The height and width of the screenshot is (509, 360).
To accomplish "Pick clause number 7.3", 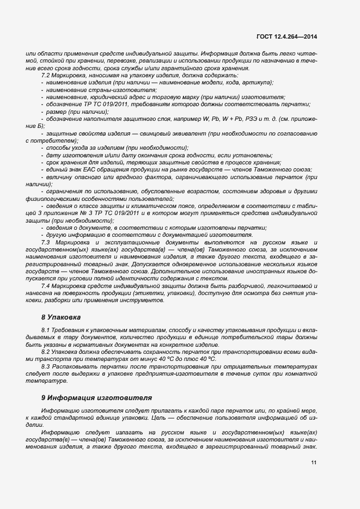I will click(46, 241).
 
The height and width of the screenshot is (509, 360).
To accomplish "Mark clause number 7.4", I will click(46, 285).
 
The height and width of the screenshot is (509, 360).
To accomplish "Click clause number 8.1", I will click(46, 330).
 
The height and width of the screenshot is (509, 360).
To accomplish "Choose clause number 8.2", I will click(46, 352).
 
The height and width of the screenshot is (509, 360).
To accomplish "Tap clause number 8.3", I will click(46, 367).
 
